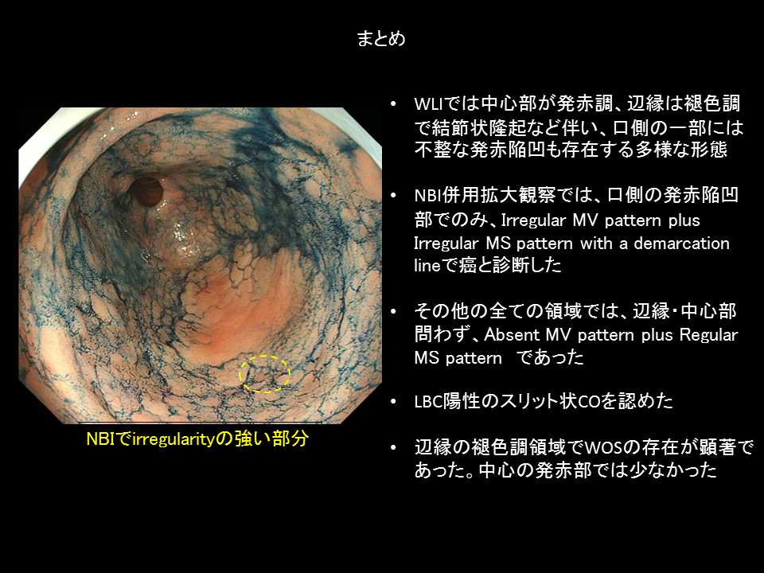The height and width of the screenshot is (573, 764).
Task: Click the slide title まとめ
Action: point(381,38)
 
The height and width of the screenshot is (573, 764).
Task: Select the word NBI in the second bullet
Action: point(428,196)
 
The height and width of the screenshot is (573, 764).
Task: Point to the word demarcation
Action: point(681,243)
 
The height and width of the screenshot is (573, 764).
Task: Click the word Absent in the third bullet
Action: point(511,335)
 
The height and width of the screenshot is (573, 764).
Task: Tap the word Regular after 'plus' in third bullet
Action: point(708,336)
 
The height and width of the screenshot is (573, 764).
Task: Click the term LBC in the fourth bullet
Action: point(428,401)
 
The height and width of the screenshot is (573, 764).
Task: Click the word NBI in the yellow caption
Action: point(100,439)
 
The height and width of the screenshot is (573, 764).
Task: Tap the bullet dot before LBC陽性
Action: point(394,402)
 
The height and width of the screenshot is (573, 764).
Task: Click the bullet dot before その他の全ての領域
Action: point(394,311)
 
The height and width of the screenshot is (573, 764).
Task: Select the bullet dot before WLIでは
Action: point(394,104)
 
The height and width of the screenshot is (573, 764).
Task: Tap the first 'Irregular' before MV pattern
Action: point(533,220)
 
